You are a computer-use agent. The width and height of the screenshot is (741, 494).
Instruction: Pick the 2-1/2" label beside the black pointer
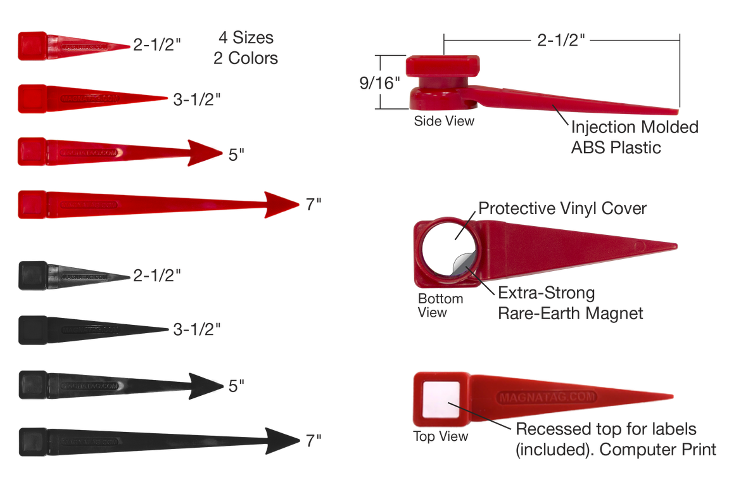click(x=158, y=275)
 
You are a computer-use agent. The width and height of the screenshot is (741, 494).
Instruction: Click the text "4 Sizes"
click(x=245, y=38)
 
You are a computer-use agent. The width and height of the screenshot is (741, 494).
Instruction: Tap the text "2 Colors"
click(x=245, y=59)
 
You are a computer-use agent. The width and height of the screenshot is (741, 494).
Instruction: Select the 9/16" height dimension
click(x=379, y=83)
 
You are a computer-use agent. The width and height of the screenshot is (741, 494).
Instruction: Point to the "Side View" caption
click(x=444, y=120)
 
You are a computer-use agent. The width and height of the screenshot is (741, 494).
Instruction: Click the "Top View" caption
click(x=441, y=436)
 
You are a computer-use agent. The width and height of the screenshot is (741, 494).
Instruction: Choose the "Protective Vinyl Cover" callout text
click(x=562, y=208)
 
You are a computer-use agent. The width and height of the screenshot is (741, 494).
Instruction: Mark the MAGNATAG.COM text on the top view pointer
click(x=547, y=396)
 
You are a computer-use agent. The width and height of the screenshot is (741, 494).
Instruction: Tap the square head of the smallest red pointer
click(x=32, y=45)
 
